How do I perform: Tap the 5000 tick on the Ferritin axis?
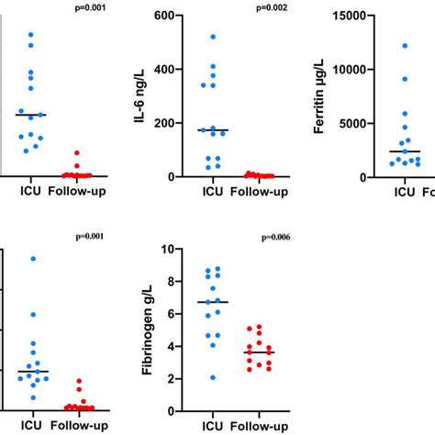tap(348, 123)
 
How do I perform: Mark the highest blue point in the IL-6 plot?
tap(213, 37)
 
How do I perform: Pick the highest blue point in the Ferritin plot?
tap(404, 45)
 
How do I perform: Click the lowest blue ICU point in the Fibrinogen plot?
tap(213, 377)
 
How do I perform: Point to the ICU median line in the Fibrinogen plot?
tap(213, 302)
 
